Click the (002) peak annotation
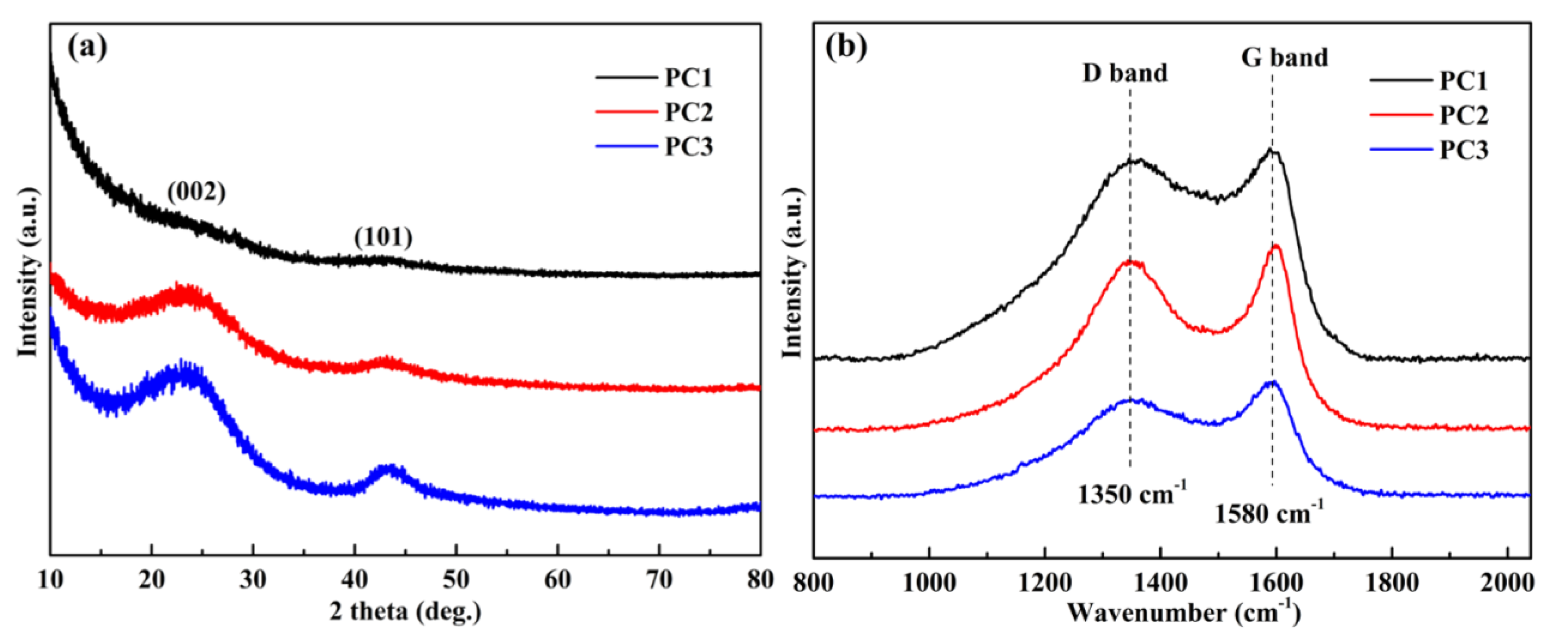[196, 192]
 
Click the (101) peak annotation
[383, 238]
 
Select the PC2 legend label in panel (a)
[688, 113]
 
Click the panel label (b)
[846, 47]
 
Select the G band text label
[1285, 58]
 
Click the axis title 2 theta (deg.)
[406, 612]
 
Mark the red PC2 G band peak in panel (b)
[1275, 246]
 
